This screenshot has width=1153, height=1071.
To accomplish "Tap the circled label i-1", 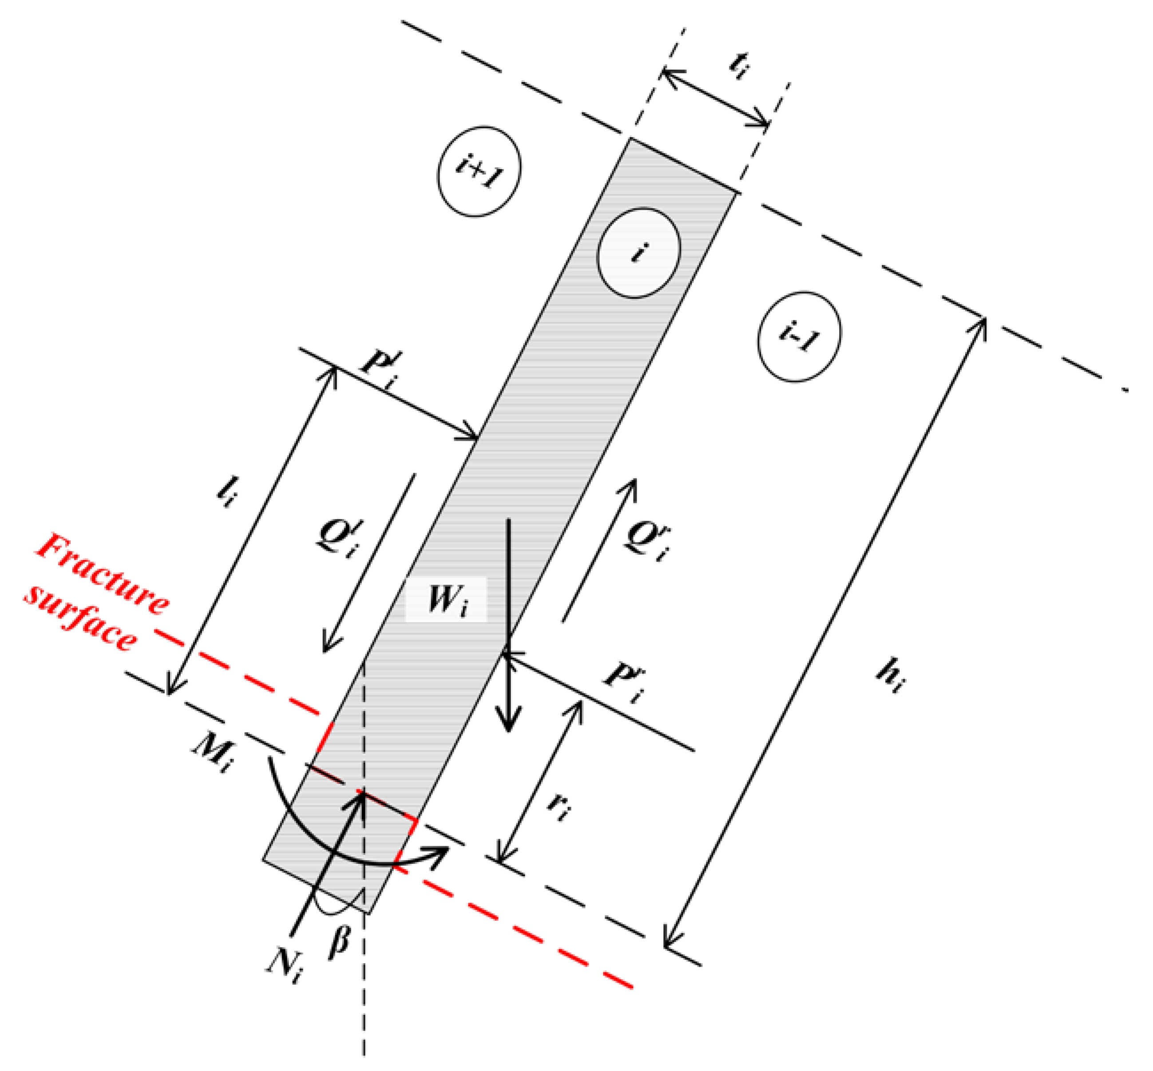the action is coord(799,336).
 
